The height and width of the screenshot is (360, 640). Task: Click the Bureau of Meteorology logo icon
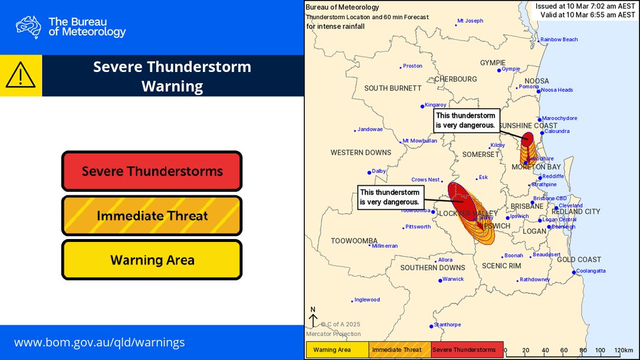pyautogui.click(x=28, y=27)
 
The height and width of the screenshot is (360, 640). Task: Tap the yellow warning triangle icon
pyautogui.click(x=21, y=76)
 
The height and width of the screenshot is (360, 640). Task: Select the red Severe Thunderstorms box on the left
pyautogui.click(x=152, y=172)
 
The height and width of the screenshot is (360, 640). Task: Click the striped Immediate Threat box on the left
pyautogui.click(x=152, y=216)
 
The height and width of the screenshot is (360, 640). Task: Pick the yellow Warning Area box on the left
pyautogui.click(x=152, y=260)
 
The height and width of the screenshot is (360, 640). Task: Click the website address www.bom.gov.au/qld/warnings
pyautogui.click(x=99, y=342)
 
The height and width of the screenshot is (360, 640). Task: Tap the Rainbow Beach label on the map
pyautogui.click(x=559, y=40)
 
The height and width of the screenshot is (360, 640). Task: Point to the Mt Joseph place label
pyautogui.click(x=470, y=21)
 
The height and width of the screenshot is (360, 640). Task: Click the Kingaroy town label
pyautogui.click(x=435, y=105)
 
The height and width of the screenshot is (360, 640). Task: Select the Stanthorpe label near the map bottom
pyautogui.click(x=447, y=325)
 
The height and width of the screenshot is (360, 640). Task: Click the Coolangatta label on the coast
pyautogui.click(x=590, y=271)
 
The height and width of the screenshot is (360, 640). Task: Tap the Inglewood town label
pyautogui.click(x=367, y=300)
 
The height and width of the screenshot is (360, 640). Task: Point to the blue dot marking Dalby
pyautogui.click(x=370, y=172)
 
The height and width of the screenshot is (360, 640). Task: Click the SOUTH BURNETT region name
pyautogui.click(x=392, y=88)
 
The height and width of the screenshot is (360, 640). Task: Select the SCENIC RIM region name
pyautogui.click(x=501, y=266)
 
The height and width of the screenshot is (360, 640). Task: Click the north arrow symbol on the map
pyautogui.click(x=313, y=318)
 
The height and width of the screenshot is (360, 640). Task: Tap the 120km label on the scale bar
pyautogui.click(x=623, y=350)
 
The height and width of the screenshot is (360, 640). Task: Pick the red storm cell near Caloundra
pyautogui.click(x=527, y=139)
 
